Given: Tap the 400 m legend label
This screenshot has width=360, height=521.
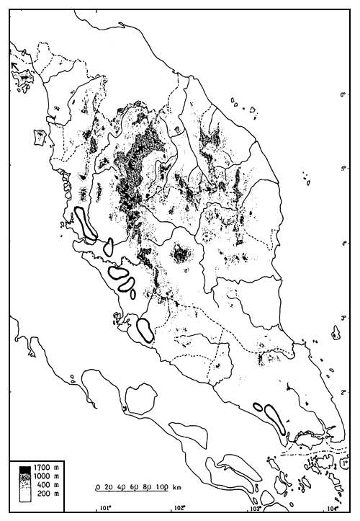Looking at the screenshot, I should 44,485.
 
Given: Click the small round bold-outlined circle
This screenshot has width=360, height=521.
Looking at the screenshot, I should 109,246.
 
